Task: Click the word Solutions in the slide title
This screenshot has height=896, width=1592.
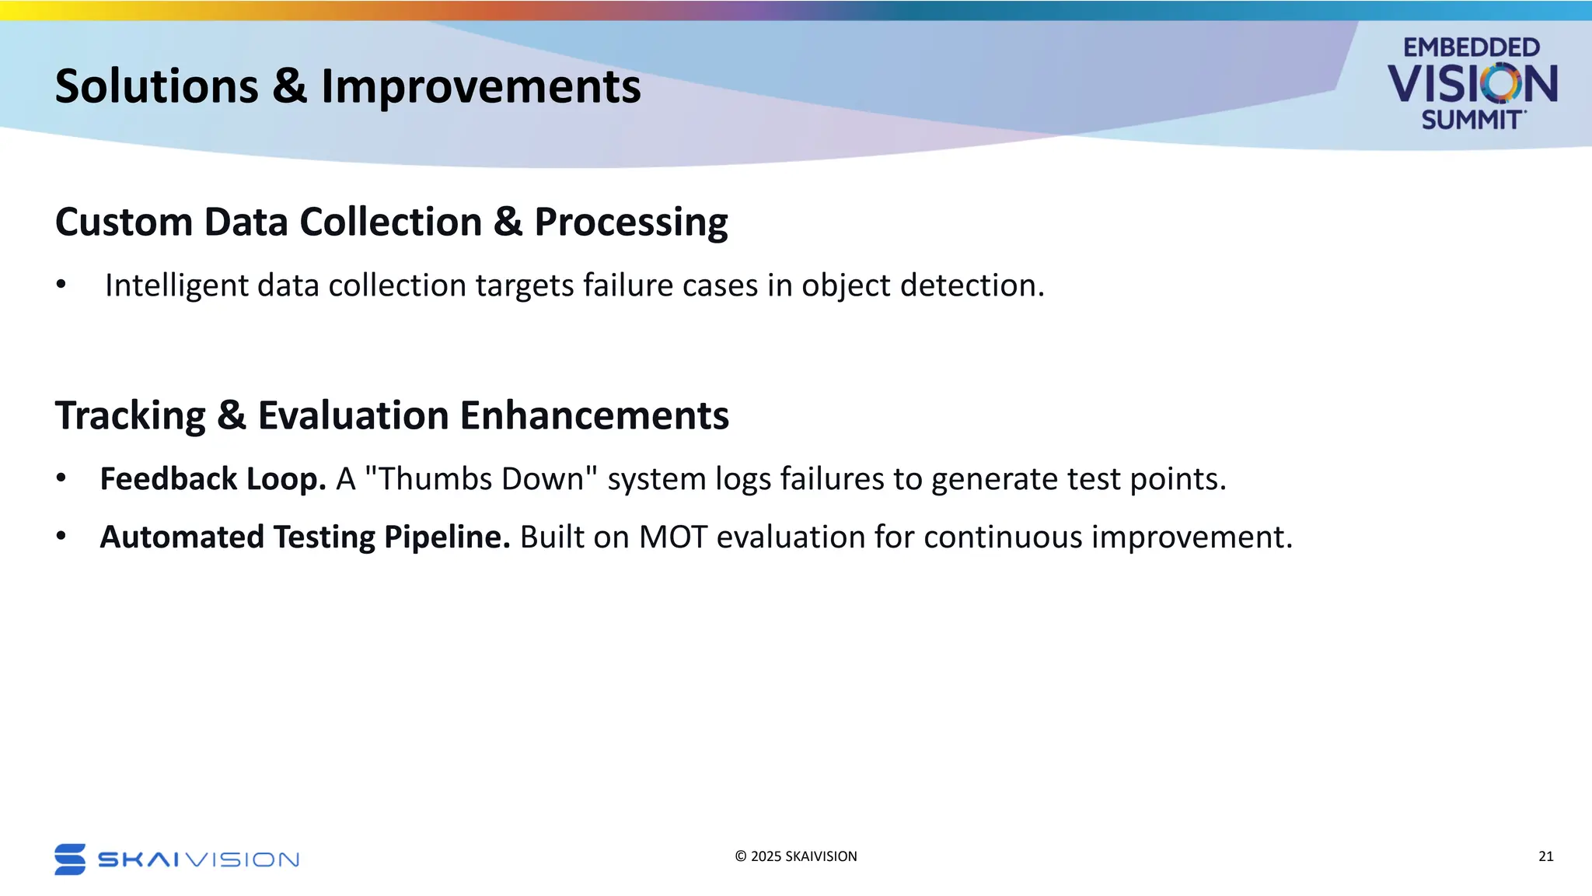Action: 157,86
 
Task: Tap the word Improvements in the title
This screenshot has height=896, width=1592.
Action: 481,86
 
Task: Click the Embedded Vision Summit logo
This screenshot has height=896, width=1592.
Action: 1472,83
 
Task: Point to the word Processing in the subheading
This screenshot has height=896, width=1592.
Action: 631,223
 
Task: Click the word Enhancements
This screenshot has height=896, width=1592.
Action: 595,415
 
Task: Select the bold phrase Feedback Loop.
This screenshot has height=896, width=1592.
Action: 213,479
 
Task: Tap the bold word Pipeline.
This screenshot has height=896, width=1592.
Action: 447,537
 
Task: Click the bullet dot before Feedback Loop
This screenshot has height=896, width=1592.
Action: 61,478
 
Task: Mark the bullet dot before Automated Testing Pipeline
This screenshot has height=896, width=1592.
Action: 61,537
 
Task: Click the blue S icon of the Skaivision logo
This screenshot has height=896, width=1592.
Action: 70,859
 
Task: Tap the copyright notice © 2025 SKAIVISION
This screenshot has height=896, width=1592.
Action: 796,856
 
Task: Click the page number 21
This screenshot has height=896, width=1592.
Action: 1546,856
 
